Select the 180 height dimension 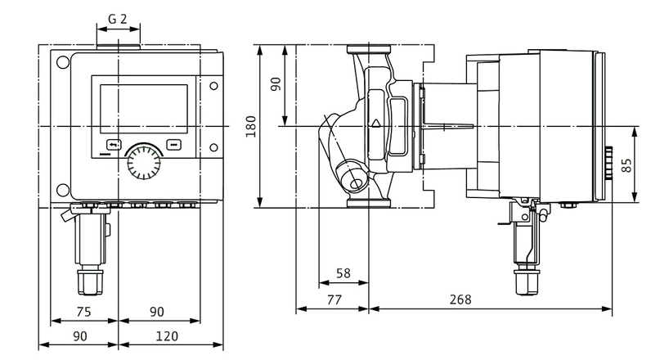tap(251, 125)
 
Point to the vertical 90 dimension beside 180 tap(276, 85)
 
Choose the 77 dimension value tap(333, 299)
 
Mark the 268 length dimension tap(460, 299)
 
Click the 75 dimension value tap(84, 311)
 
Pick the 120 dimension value tap(166, 335)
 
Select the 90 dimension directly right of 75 tap(156, 311)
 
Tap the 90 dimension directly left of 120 tap(79, 335)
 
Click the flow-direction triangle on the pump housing tap(376, 124)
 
